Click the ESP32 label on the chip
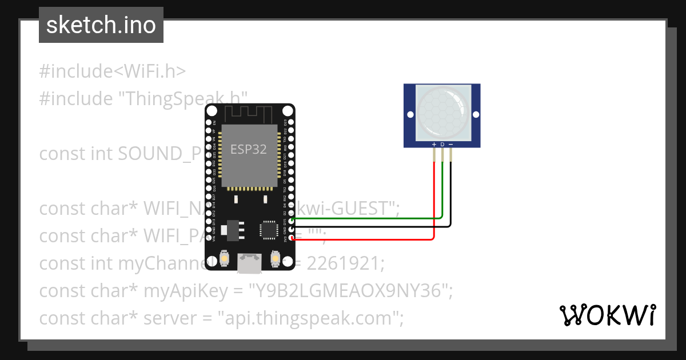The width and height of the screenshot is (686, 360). tap(249, 150)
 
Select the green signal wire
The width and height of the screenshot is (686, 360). tap(366, 218)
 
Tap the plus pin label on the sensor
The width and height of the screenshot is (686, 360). tap(434, 145)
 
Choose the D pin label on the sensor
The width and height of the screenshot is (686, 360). tap(442, 145)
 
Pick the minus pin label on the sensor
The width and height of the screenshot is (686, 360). tap(450, 145)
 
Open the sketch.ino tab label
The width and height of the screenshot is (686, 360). tap(101, 25)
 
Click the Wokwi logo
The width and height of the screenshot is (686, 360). tap(607, 315)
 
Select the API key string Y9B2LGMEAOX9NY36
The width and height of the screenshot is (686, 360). tap(349, 291)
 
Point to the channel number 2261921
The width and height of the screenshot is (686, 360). tap(343, 264)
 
